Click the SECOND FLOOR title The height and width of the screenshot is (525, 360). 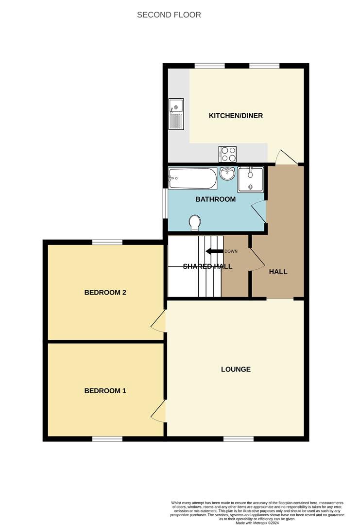(x=169, y=15)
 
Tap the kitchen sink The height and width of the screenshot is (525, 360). (x=176, y=114)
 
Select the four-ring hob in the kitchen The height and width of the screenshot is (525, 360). (x=228, y=154)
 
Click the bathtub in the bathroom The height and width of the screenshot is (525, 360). (x=192, y=178)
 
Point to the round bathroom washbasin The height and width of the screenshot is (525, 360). (x=227, y=173)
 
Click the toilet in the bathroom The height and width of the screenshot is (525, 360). (x=195, y=223)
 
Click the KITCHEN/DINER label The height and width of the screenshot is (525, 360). (x=236, y=116)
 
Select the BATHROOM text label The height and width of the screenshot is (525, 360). (x=215, y=199)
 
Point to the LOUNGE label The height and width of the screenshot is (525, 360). (x=236, y=369)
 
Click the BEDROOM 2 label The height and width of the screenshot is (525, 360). (x=105, y=293)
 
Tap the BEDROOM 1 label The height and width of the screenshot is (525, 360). (x=105, y=391)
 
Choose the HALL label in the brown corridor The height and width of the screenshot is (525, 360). (x=278, y=272)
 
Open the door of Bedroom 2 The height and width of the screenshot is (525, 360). (x=158, y=322)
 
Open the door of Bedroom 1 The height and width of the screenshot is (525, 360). (x=158, y=412)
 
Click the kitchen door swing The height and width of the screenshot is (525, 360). (x=285, y=157)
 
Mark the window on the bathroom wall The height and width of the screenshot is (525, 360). (x=165, y=203)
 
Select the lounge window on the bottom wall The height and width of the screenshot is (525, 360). (x=238, y=439)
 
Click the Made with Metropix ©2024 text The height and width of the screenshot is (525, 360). (x=257, y=523)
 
